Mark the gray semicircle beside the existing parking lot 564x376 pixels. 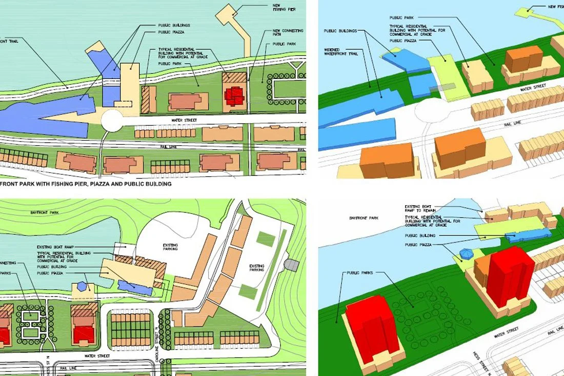pyautogui.click(x=291, y=265)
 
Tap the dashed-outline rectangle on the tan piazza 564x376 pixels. pyautogui.click(x=123, y=103)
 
